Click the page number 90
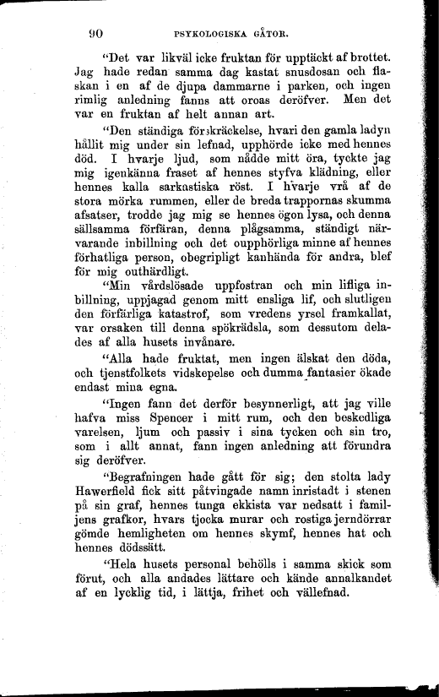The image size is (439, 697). tap(95, 35)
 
